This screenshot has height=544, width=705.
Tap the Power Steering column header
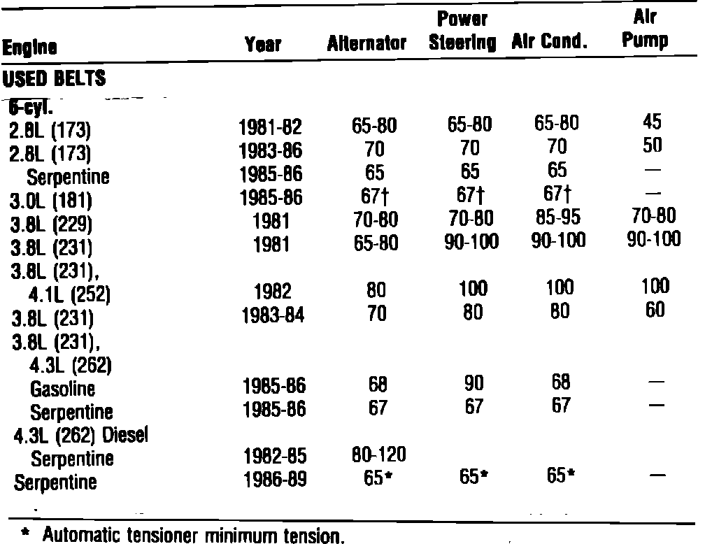pos(462,31)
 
